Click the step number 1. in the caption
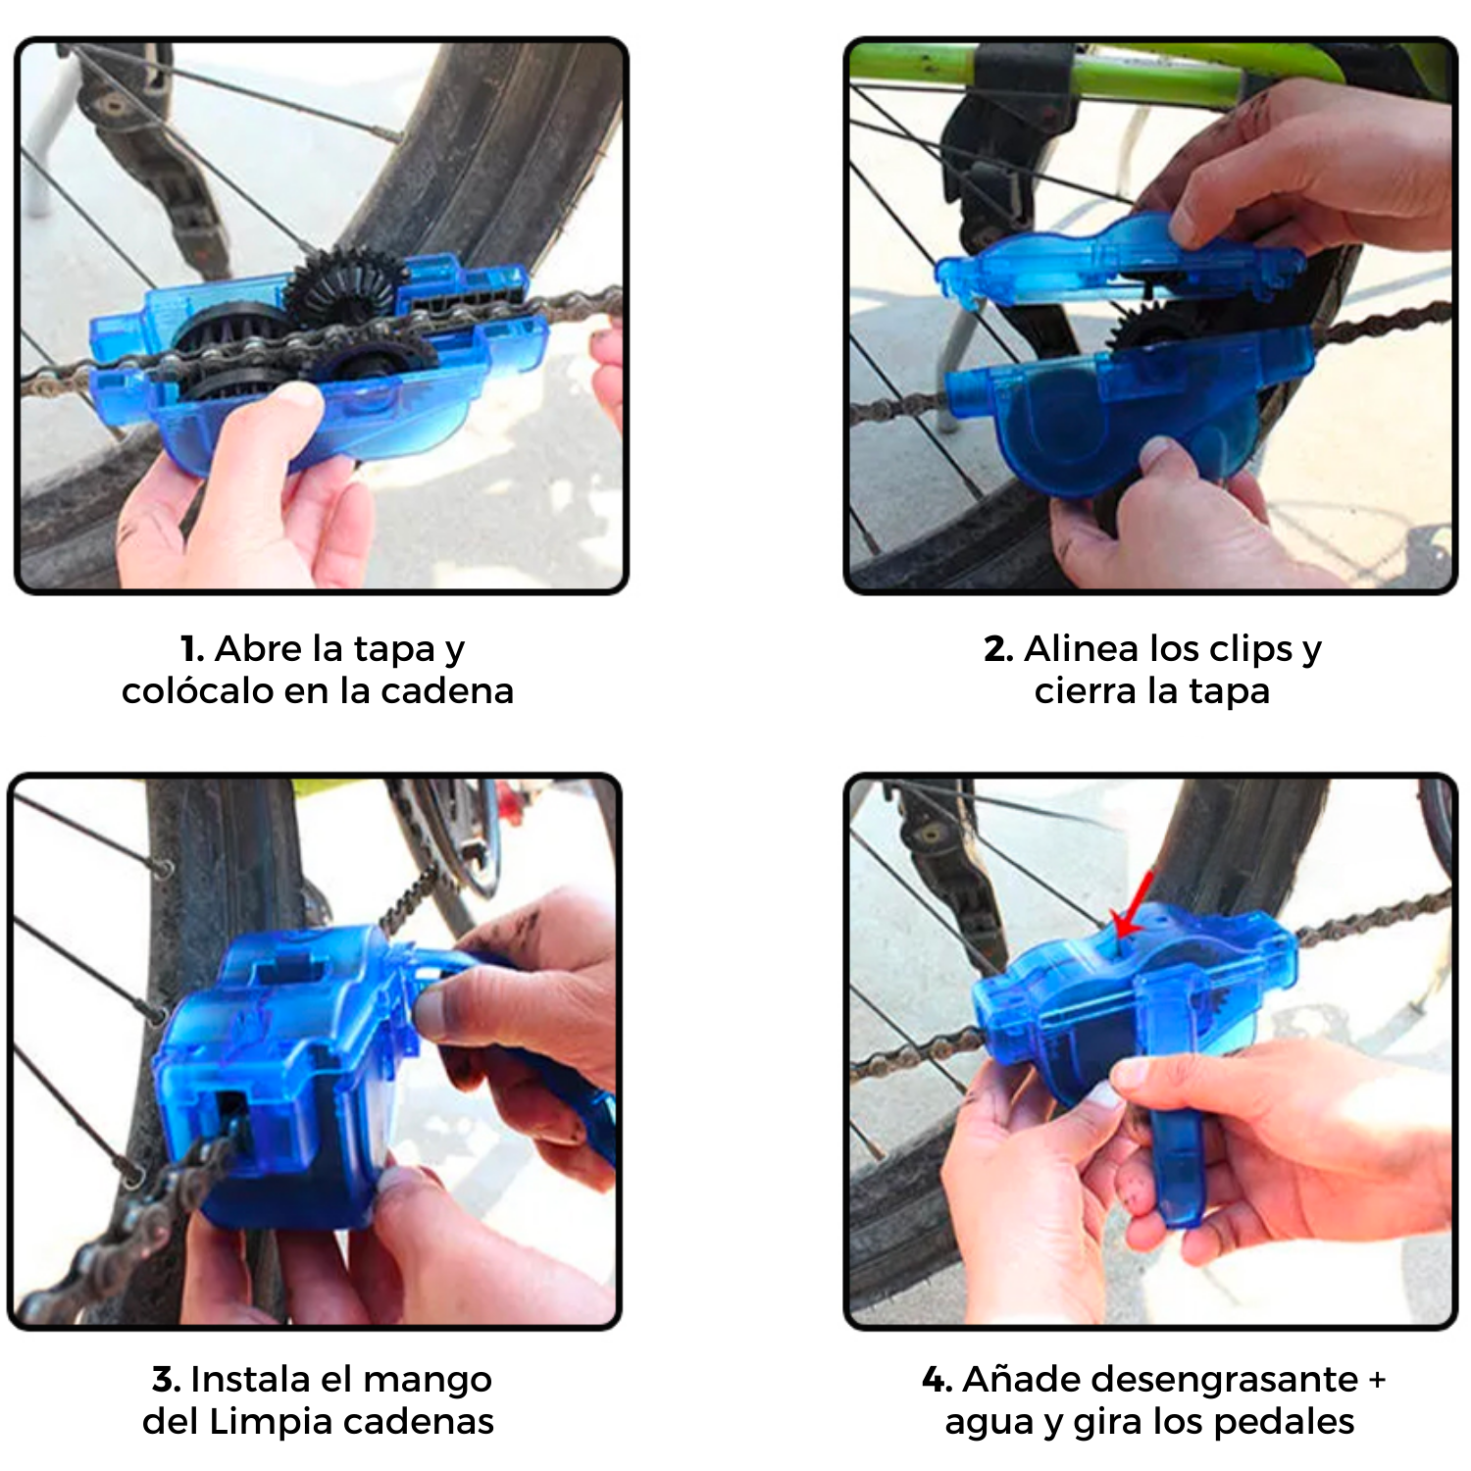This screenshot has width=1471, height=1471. point(192,649)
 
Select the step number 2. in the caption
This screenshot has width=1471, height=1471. point(998,649)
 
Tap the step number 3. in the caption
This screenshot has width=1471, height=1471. point(167,1380)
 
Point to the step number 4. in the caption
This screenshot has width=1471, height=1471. point(938,1380)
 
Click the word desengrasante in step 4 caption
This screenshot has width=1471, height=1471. point(1160,1381)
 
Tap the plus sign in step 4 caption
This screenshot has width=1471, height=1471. point(1377,1381)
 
